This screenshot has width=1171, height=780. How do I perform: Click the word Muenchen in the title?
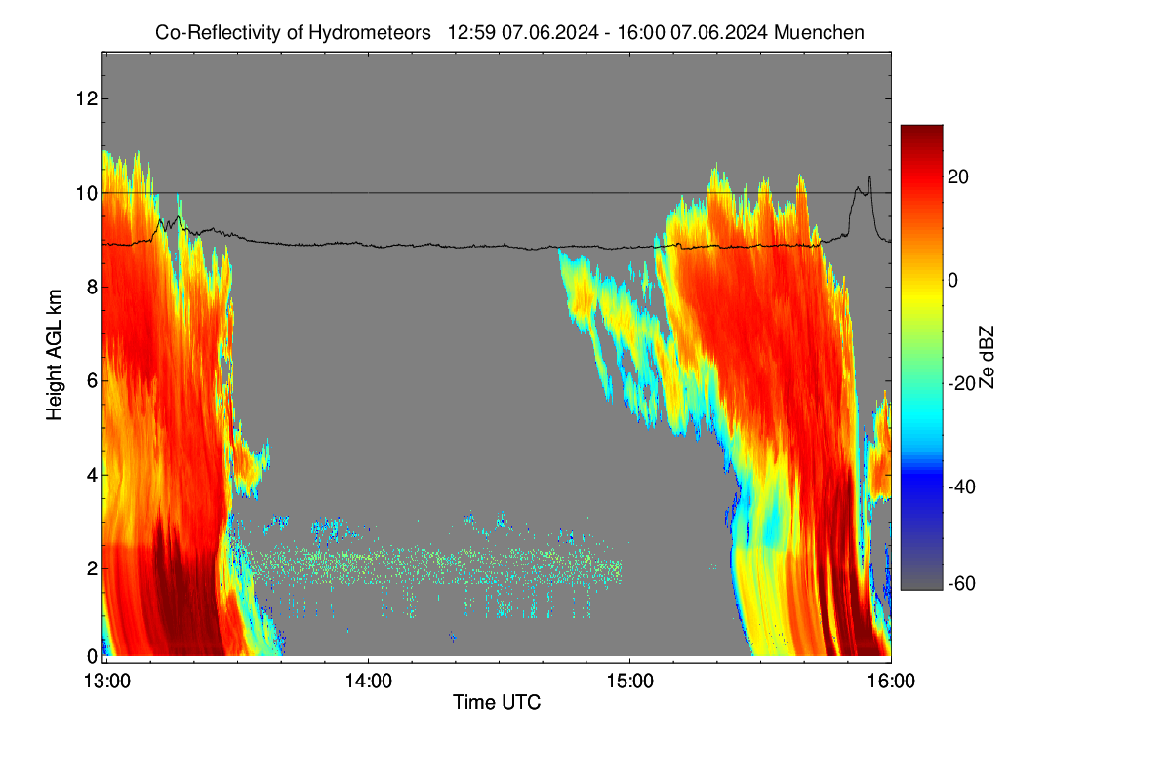(819, 33)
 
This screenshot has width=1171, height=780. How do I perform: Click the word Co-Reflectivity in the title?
(218, 33)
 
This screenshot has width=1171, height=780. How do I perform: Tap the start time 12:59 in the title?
(471, 33)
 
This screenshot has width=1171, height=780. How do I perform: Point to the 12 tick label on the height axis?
(87, 98)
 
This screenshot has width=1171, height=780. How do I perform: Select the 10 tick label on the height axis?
(87, 193)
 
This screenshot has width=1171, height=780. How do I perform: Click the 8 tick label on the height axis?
(92, 287)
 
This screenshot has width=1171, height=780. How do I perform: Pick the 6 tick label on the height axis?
(92, 381)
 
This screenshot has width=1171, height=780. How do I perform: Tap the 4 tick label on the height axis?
(92, 475)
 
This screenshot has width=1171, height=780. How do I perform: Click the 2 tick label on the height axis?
(92, 568)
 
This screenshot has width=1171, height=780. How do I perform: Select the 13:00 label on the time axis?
(107, 682)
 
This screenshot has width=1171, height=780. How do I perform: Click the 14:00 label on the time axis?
(368, 682)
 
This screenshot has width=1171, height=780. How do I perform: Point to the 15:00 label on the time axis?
(629, 682)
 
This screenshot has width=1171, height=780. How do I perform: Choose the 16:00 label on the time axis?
(891, 682)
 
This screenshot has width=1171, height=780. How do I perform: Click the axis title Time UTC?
(496, 703)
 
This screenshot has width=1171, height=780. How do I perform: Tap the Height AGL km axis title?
(54, 355)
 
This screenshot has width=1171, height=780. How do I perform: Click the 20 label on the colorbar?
(958, 177)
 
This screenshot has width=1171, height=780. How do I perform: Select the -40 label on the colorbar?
(962, 487)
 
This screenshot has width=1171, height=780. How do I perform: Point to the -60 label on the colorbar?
(962, 584)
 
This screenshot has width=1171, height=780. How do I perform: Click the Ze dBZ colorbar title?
(986, 358)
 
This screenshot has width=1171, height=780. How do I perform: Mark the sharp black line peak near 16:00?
(869, 176)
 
